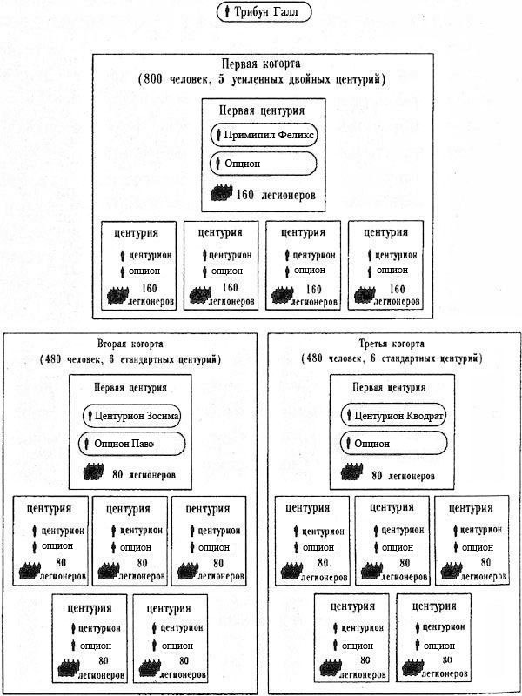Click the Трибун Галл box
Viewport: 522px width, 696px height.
pyautogui.click(x=264, y=12)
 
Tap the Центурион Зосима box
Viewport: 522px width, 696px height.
pyautogui.click(x=132, y=416)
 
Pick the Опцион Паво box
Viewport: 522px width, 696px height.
pyautogui.click(x=132, y=444)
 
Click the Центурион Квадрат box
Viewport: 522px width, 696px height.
pyautogui.click(x=394, y=416)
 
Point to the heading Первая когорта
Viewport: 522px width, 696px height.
pyautogui.click(x=261, y=64)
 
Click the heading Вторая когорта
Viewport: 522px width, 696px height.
pyautogui.click(x=130, y=344)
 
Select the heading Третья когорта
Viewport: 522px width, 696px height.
pyautogui.click(x=391, y=344)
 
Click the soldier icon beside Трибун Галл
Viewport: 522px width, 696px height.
pyautogui.click(x=227, y=12)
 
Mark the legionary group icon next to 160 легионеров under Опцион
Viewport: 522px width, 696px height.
pyautogui.click(x=221, y=193)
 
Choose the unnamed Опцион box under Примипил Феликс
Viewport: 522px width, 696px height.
pyautogui.click(x=264, y=164)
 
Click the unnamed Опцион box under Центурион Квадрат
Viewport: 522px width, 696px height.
pyautogui.click(x=394, y=443)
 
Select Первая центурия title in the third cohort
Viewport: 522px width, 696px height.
pyautogui.click(x=389, y=387)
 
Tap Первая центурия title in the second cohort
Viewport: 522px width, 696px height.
pyautogui.click(x=130, y=387)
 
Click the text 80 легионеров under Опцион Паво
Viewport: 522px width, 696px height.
pyautogui.click(x=144, y=474)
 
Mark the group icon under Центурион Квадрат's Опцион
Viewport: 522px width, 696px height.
pyautogui.click(x=351, y=472)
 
